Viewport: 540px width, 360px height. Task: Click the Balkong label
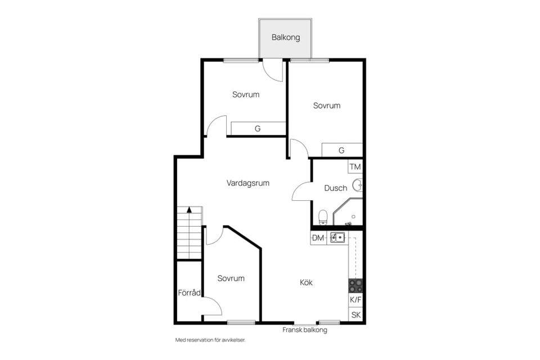pos(286,37)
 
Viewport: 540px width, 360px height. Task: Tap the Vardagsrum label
pos(247,183)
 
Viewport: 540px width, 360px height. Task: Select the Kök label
pos(306,282)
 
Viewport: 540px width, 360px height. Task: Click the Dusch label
pos(335,188)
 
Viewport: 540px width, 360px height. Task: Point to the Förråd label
pos(189,292)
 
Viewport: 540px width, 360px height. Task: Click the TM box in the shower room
pos(355,166)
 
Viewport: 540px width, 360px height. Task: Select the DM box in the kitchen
pos(318,238)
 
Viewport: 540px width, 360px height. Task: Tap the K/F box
pos(355,299)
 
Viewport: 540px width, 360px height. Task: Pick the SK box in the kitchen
pos(355,314)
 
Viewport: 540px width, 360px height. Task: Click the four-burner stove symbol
pos(355,286)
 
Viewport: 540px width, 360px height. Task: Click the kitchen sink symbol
pos(337,237)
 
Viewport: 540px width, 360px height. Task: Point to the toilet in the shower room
pos(323,217)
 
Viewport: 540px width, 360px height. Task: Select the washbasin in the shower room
pos(358,185)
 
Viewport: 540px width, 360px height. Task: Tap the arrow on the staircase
pos(189,210)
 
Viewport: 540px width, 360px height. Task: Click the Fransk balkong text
pos(305,330)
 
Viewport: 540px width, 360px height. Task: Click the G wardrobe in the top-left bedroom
pos(258,128)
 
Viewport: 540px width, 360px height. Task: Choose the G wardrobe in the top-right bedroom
pos(341,150)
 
